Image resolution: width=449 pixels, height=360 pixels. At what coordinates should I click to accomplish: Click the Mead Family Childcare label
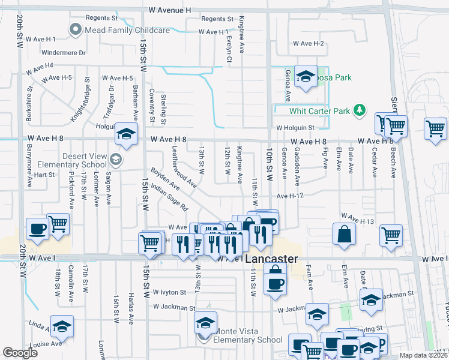pos(119,29)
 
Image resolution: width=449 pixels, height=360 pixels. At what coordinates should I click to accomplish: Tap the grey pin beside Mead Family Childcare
pos(76,29)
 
